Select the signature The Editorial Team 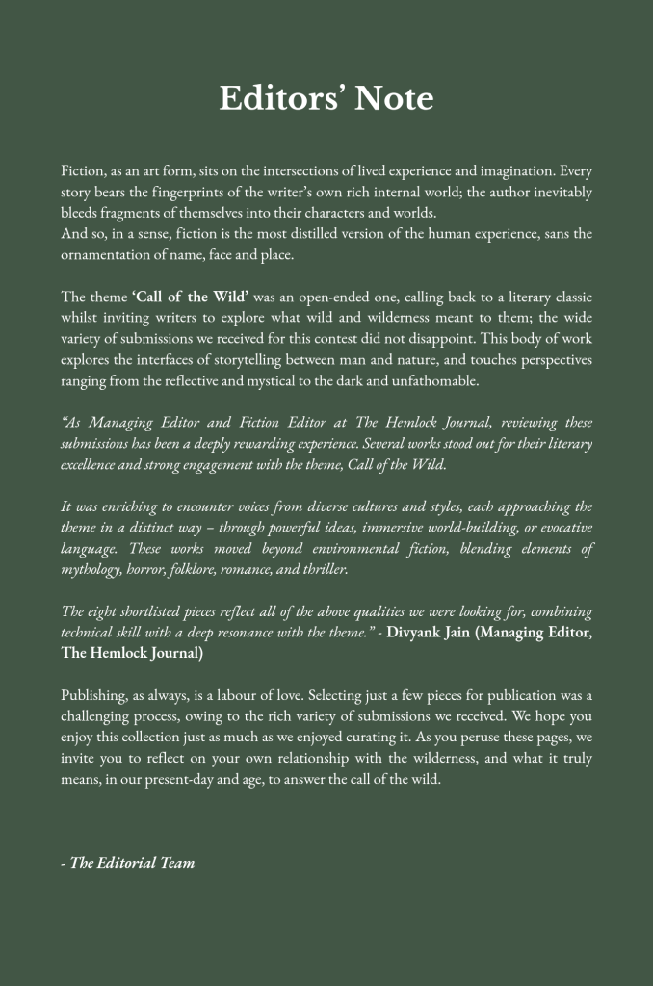point(131,863)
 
